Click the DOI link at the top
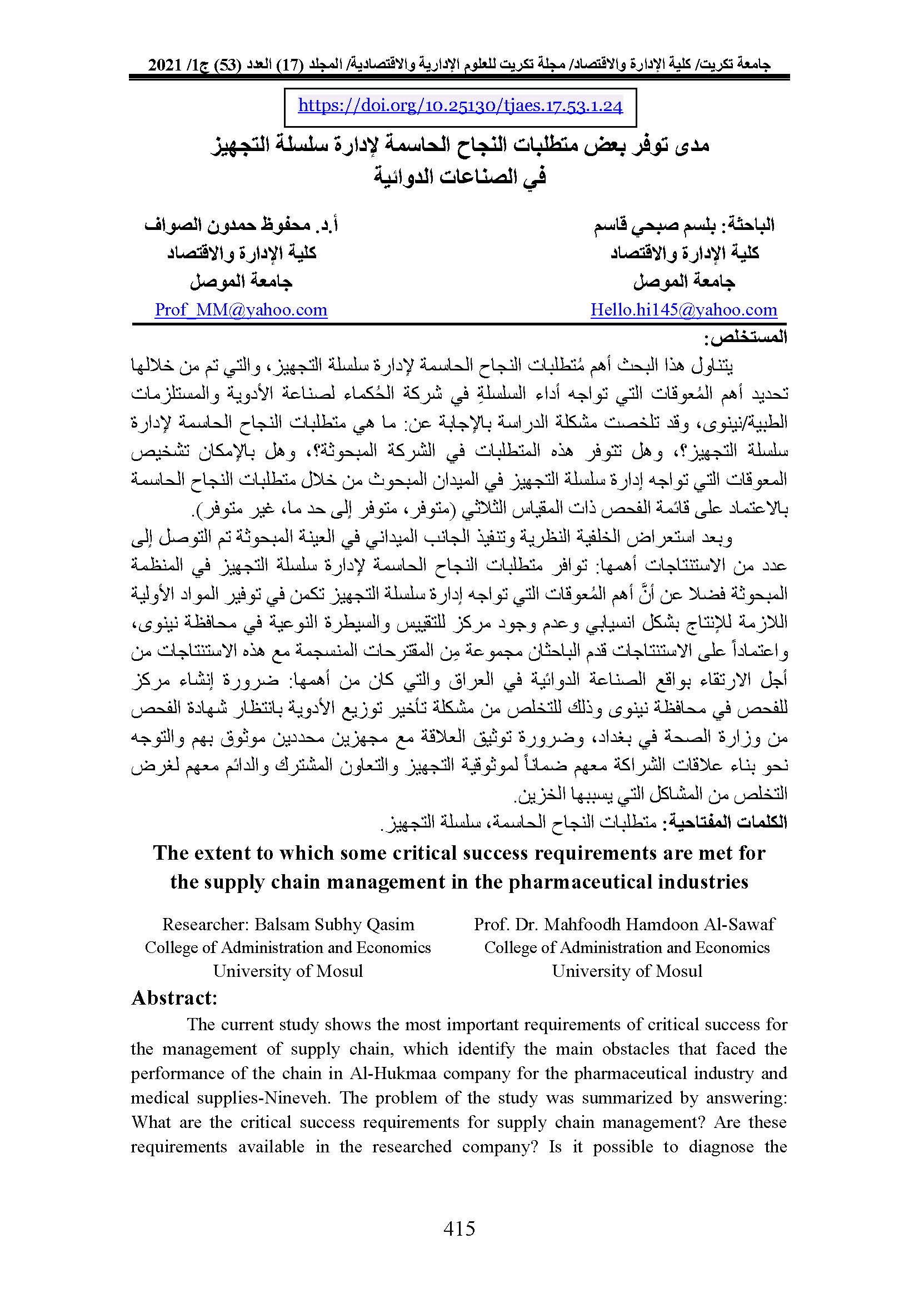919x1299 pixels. click(459, 106)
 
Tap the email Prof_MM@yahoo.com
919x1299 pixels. click(241, 309)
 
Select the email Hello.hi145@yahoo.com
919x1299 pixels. click(683, 309)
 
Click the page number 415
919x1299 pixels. click(459, 1228)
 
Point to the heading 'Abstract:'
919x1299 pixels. click(174, 997)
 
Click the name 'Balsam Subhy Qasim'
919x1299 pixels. click(334, 924)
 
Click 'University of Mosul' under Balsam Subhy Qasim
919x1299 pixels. click(287, 971)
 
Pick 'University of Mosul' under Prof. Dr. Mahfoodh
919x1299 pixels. click(627, 971)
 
